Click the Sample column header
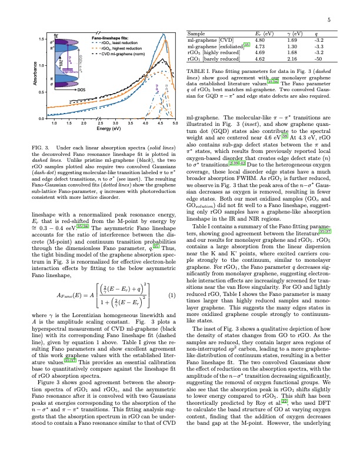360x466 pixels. point(196,34)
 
